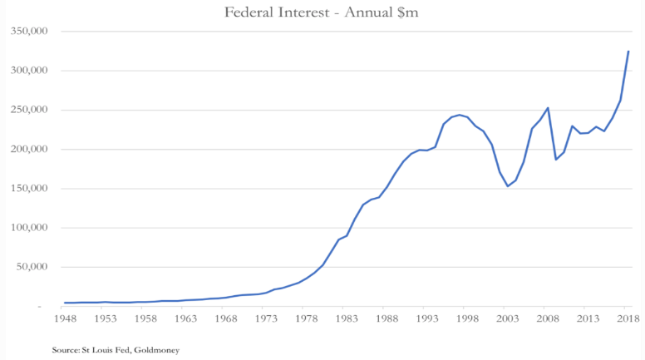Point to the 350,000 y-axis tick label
click(30, 32)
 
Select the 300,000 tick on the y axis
click(30, 71)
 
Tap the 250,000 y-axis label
click(30, 110)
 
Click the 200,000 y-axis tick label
click(30, 150)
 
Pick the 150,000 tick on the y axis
click(30, 189)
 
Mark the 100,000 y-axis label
click(30, 228)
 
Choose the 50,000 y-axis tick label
click(32, 267)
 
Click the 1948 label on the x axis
click(64, 318)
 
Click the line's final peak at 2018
click(628, 52)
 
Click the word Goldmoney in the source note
click(156, 350)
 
